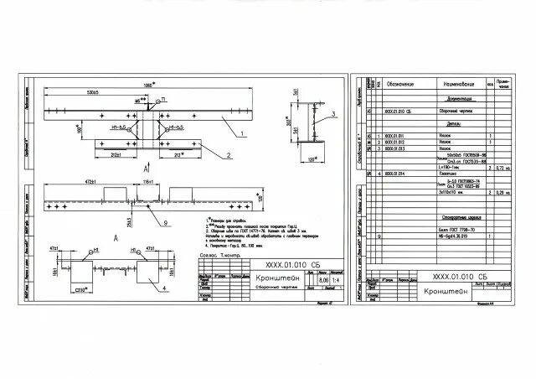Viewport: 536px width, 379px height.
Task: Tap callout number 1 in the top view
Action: point(242,133)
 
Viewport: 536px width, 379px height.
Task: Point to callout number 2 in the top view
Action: point(227,155)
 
